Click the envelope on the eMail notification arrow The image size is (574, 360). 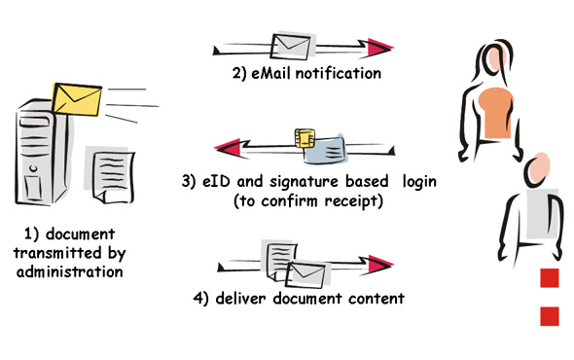click(289, 45)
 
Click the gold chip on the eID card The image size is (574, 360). click(305, 138)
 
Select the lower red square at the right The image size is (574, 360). click(550, 315)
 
